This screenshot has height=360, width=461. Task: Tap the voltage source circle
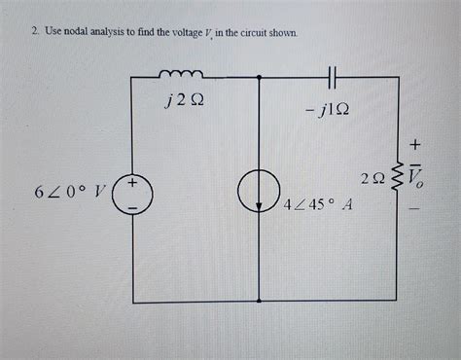pos(131,193)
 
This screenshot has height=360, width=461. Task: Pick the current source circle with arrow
pos(260,193)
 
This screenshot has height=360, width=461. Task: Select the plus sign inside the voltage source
pos(131,181)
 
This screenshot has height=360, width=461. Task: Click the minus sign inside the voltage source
pos(131,206)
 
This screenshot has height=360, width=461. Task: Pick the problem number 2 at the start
pos(32,34)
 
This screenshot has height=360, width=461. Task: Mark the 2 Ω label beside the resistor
pos(371,179)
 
